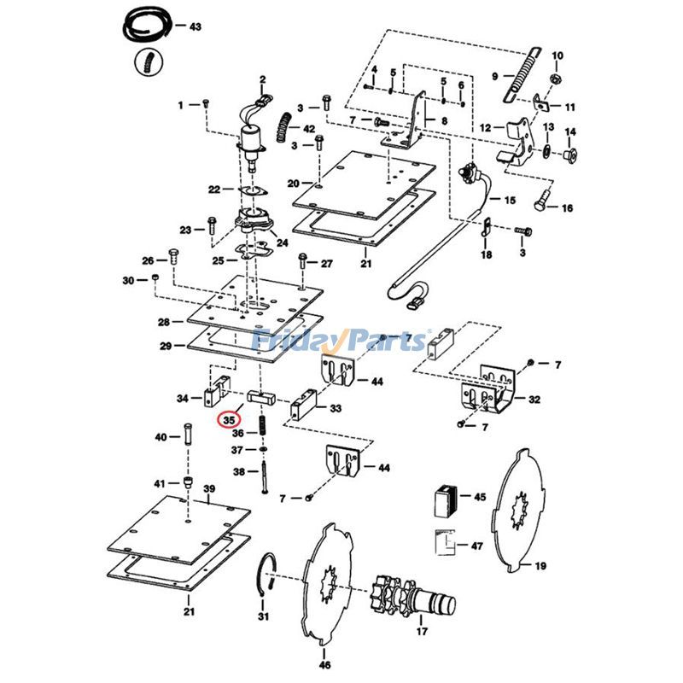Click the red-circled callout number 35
coord(228,420)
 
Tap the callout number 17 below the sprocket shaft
coord(422,633)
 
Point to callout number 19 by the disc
coord(540,565)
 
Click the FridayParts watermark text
coord(341,341)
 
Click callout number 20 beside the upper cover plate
coord(293,184)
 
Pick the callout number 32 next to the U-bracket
coord(534,399)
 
